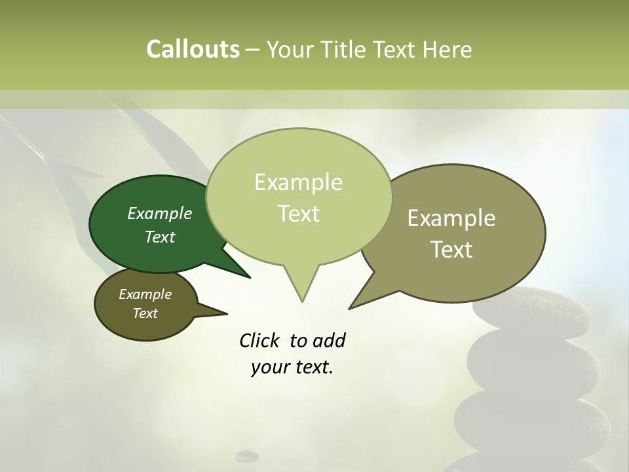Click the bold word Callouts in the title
pos(193,49)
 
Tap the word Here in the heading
pos(447,49)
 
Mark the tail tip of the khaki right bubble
pos(351,307)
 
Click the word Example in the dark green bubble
pos(160,213)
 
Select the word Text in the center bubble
pos(299,214)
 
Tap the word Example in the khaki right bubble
pos(451,218)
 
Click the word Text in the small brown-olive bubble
pos(145,313)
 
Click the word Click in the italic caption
pos(261,340)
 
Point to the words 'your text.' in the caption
pos(292,367)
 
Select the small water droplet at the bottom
pos(247,454)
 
